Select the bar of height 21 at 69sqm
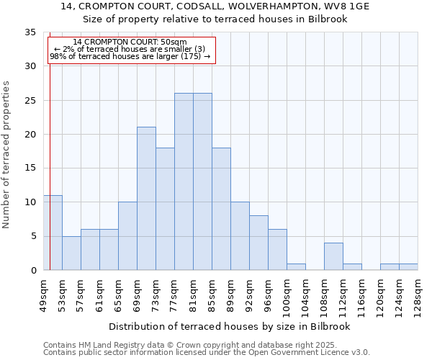pos(146,199)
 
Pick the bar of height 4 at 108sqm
pos(333,256)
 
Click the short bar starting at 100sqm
pos(296,267)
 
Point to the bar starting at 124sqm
pos(408,267)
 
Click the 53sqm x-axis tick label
pos(62,293)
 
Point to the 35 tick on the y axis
pos(30,32)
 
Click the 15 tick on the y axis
pos(30,168)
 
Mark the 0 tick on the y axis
pos(32,271)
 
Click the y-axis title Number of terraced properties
pos(7,155)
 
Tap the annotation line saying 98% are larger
pos(130,56)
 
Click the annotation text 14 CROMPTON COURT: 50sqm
pos(130,42)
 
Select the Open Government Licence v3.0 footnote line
pos(207,353)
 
